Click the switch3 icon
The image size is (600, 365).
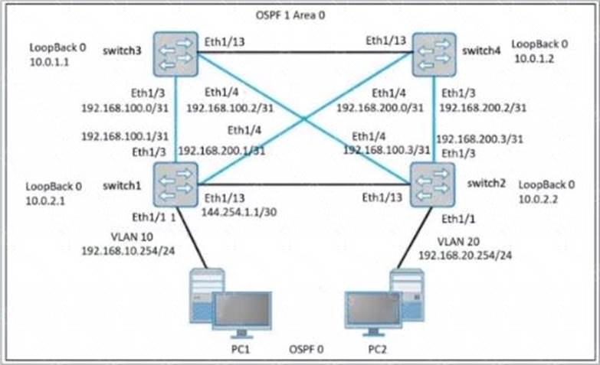tap(175, 54)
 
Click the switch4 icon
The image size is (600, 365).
tap(434, 54)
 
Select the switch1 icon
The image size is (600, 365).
tap(175, 184)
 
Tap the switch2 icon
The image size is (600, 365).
tap(433, 185)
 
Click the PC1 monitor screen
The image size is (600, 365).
tap(242, 310)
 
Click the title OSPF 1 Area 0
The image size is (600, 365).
tap(290, 15)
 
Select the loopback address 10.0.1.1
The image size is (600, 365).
tap(49, 62)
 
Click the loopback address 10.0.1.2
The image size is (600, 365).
tap(534, 58)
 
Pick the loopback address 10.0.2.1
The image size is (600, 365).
tap(45, 200)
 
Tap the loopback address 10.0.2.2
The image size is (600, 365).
tap(538, 199)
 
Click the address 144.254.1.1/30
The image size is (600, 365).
tap(239, 212)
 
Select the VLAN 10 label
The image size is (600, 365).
tap(132, 237)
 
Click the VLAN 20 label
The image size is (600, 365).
tap(458, 242)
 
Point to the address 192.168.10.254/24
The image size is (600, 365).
tap(128, 251)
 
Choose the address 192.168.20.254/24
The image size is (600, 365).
tap(465, 255)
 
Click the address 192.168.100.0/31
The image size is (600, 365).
tap(125, 108)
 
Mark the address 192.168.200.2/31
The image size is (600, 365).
tap(483, 108)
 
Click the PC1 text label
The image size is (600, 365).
tap(241, 350)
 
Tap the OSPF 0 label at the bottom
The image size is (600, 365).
tap(306, 350)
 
